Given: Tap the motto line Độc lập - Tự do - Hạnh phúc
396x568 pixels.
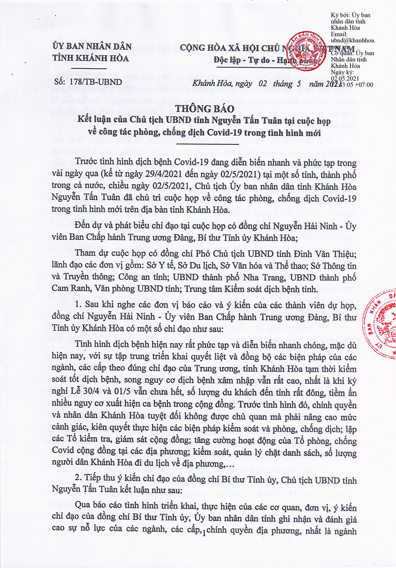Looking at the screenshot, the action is [265, 60].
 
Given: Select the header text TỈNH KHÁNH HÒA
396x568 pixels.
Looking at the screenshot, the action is [91, 58].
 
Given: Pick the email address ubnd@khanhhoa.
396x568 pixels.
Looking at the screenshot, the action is [353, 40].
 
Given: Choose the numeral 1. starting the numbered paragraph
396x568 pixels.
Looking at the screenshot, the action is [78, 306].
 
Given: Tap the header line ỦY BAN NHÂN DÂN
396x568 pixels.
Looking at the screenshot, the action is [92, 46].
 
